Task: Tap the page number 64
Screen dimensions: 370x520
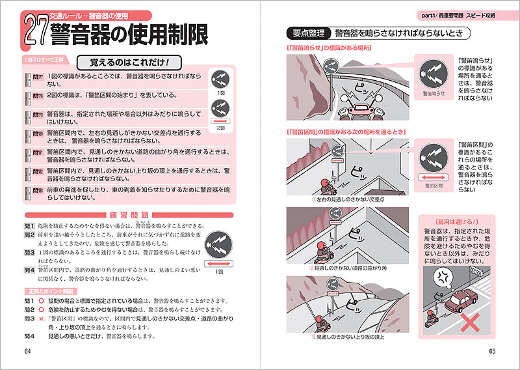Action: click(28, 352)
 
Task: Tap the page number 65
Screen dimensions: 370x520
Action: click(492, 352)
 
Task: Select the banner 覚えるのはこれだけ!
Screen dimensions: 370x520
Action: click(127, 63)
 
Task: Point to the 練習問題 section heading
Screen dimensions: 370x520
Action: click(127, 214)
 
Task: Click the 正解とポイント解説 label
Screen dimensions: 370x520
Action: click(51, 291)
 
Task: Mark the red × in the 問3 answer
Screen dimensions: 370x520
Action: click(40, 319)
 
